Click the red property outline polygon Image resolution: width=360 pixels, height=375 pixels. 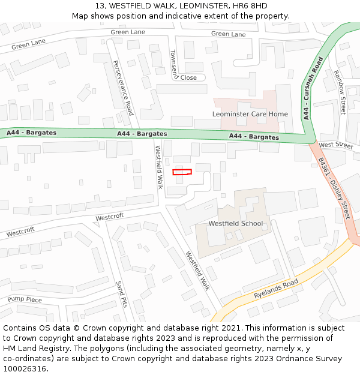pos(182,172)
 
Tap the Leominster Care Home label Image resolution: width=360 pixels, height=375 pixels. pos(250,114)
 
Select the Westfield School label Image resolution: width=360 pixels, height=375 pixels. pos(235,224)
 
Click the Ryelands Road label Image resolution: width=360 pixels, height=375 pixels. pos(275,289)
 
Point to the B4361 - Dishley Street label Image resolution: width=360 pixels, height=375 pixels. pos(334,188)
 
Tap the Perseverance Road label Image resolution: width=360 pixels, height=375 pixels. pos(122,88)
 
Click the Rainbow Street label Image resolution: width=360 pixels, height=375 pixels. pos(340,92)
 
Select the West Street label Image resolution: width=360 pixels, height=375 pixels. pos(336,145)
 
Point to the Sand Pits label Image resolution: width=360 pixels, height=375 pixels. pos(121,293)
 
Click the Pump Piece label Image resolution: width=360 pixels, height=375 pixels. pos(25,299)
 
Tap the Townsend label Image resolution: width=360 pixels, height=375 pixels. pos(174,64)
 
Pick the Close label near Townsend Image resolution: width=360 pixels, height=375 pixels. pos(188,77)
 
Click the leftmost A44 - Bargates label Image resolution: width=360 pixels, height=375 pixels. pos(31,133)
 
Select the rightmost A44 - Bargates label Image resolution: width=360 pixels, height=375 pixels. pos(254,137)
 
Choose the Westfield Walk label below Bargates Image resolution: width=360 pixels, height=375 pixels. pos(159,167)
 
